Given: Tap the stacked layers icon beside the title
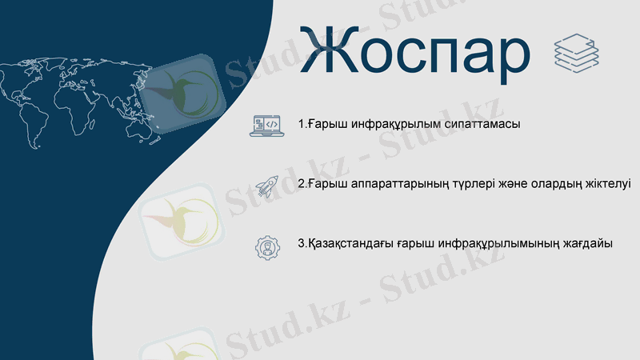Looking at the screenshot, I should (x=576, y=53).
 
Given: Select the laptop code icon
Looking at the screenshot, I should (x=266, y=125).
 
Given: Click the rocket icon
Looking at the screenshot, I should (x=266, y=186).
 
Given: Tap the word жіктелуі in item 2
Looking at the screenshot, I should (x=608, y=184).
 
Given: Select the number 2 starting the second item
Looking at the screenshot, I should (x=301, y=184).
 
